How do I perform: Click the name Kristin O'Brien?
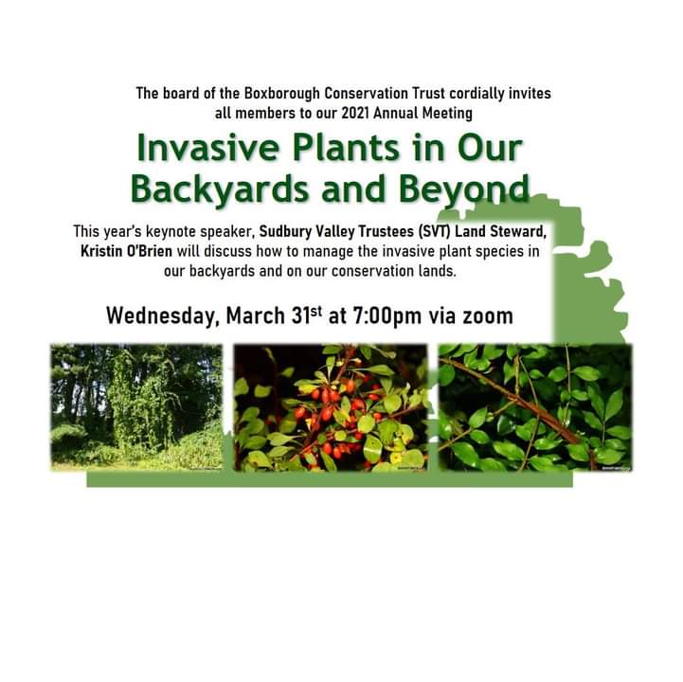pos(125,250)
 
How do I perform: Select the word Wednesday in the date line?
pos(161,314)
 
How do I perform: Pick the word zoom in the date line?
pos(485,314)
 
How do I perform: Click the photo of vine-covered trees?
pos(136,406)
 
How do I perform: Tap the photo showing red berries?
pos(333,406)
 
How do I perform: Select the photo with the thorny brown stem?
pos(534,406)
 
